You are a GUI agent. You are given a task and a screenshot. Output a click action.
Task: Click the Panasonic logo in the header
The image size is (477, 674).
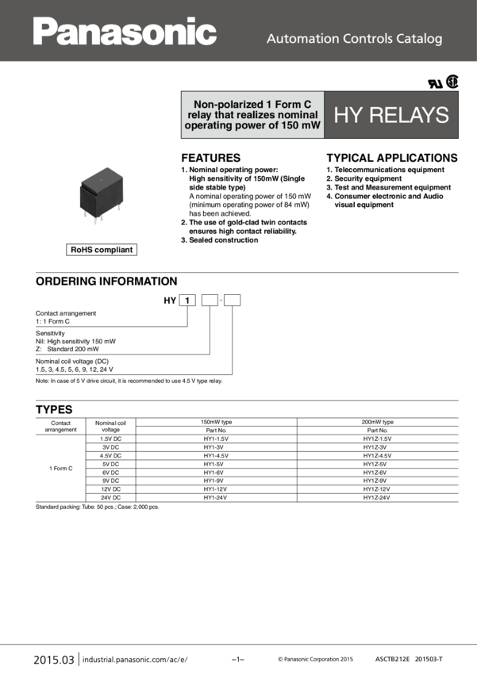(x=125, y=33)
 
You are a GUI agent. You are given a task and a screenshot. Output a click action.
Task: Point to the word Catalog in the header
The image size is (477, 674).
(x=419, y=39)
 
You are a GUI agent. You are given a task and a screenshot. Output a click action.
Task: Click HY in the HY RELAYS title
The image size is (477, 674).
(x=348, y=115)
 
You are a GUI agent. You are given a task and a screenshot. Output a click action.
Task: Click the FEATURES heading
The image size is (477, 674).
(x=210, y=157)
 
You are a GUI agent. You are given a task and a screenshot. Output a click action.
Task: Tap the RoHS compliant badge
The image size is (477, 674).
(x=102, y=250)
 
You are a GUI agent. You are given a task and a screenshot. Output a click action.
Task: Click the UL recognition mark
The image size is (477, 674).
(x=435, y=82)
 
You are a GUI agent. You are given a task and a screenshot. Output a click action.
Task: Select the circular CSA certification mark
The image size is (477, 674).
(x=452, y=81)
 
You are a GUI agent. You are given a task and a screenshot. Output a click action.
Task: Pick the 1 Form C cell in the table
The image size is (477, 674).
(x=60, y=469)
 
